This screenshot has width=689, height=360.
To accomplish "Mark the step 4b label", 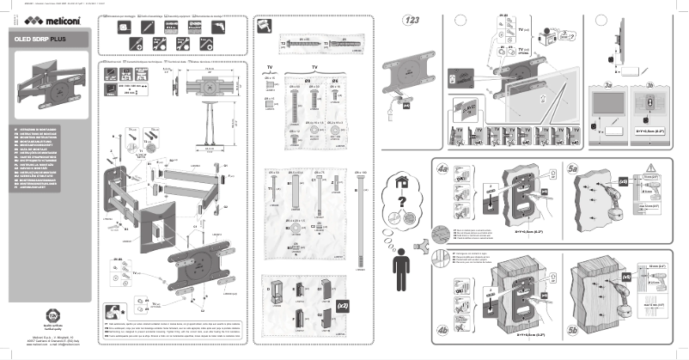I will click(444, 329).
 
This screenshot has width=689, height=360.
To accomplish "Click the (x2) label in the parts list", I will click(341, 305).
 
